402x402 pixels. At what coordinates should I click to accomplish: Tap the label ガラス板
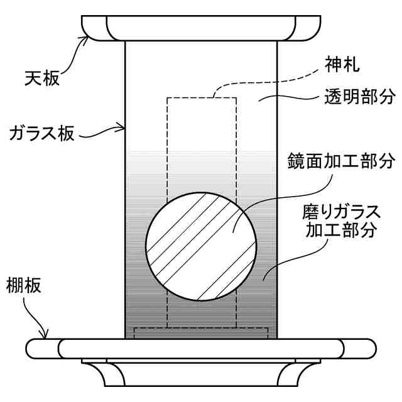tap(43, 133)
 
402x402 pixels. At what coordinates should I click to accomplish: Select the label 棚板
tap(24, 286)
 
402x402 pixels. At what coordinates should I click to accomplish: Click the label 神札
tap(342, 64)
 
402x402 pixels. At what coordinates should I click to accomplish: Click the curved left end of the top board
tap(94, 28)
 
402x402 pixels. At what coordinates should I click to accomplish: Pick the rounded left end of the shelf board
tap(41, 348)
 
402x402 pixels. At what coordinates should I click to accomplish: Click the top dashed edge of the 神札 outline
tap(201, 97)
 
